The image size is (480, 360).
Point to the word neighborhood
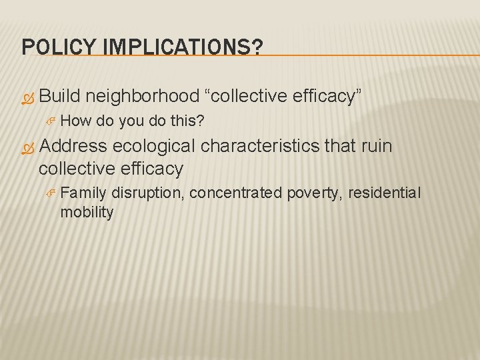[x=143, y=97]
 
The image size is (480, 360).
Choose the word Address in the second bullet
[x=73, y=146]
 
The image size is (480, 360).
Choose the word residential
[x=384, y=193]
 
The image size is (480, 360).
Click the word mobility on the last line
[x=87, y=213]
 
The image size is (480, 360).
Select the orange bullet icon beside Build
[x=27, y=97]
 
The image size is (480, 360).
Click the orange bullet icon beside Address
[x=27, y=147]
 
